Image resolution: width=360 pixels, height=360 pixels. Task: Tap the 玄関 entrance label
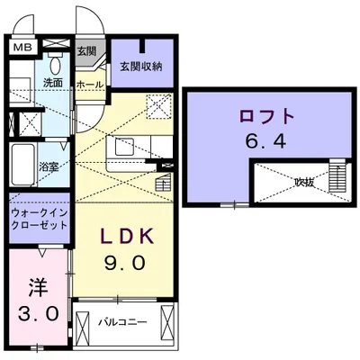coord(86,52)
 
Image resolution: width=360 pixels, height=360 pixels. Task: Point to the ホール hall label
coord(88,84)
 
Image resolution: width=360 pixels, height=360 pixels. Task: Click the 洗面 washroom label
coord(52,83)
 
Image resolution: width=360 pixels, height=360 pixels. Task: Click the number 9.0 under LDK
coord(127,265)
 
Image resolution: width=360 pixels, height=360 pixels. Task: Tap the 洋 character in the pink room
coord(39,287)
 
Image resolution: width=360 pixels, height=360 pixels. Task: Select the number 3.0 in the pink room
coord(39,315)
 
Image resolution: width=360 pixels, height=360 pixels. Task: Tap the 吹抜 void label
coord(304,183)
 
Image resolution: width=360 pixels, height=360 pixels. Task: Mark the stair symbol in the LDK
coord(161,182)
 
